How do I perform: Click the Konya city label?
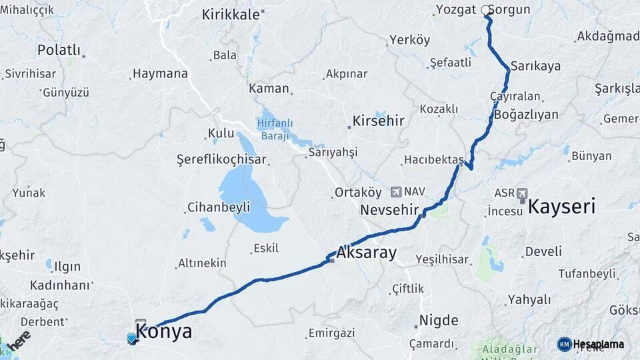(164, 331)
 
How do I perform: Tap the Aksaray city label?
(366, 253)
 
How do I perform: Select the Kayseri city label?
(561, 207)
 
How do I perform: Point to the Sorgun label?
(510, 9)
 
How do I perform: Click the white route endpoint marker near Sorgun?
(485, 10)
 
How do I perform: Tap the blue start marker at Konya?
(131, 338)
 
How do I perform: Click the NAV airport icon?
(397, 192)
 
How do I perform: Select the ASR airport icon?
(521, 194)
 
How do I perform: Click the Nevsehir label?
(389, 210)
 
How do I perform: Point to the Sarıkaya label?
(535, 66)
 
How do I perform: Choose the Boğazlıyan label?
(527, 114)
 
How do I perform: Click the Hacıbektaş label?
(433, 160)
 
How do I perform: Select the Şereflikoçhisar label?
(221, 160)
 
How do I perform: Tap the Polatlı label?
(59, 50)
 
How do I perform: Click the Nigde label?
(439, 320)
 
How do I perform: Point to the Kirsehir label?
(378, 121)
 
